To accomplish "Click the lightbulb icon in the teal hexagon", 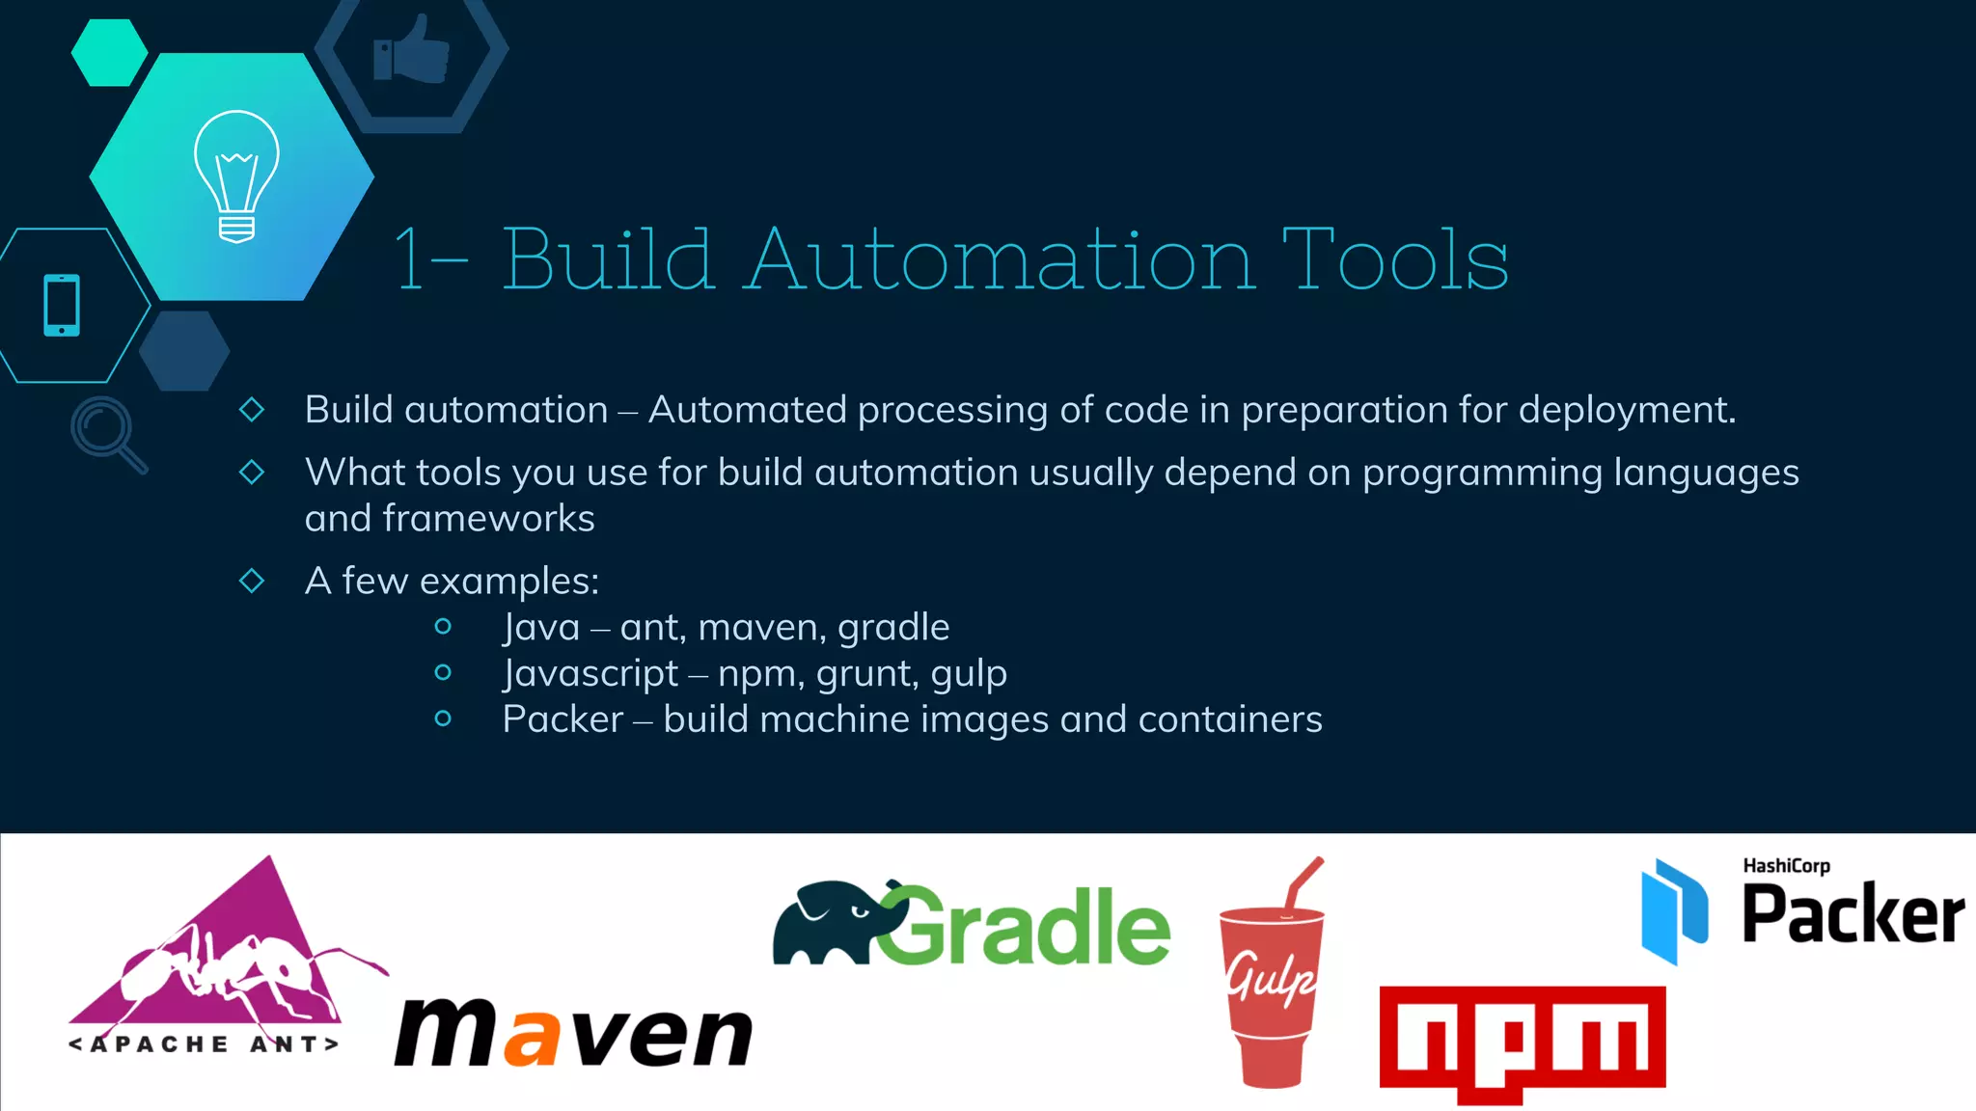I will point(236,176).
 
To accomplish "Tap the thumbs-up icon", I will point(412,49).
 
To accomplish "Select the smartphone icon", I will point(62,306).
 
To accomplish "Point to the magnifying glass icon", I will point(106,433).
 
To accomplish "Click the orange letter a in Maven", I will point(532,1036).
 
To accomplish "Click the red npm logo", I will point(1523,1041).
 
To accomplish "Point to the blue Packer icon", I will point(1674,912).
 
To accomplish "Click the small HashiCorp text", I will point(1786,866).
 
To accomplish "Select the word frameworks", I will point(488,519).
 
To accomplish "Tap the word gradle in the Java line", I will point(893,628).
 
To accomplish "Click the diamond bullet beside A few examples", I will point(252,581).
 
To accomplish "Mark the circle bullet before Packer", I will point(443,718).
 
